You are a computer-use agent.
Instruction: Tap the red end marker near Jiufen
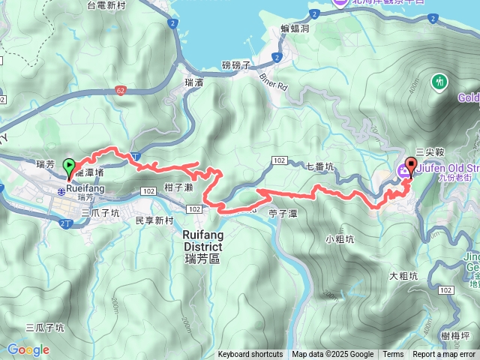[410, 166]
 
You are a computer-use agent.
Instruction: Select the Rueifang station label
[85, 189]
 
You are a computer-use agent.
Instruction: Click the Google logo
[28, 349]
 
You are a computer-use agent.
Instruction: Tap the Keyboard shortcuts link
[250, 355]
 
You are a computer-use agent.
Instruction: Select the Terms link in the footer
[393, 355]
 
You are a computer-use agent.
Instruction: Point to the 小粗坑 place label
[340, 239]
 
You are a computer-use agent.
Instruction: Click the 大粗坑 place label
[403, 277]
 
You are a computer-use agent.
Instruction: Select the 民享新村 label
[154, 220]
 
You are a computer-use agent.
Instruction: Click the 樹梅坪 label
[455, 335]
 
